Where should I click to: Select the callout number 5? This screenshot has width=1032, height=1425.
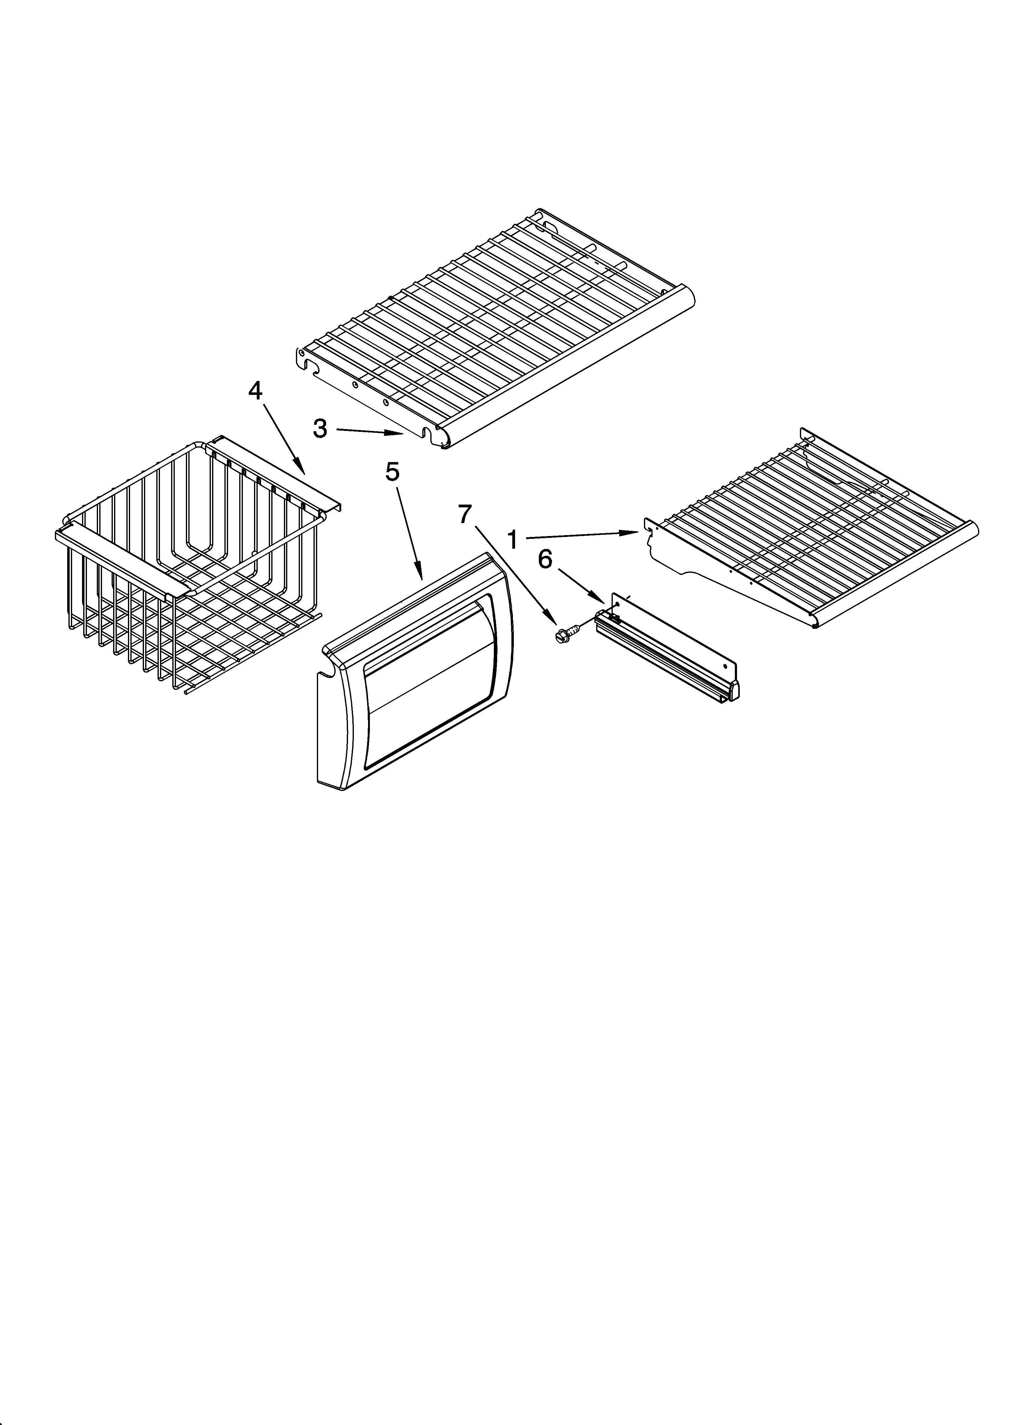391,472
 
